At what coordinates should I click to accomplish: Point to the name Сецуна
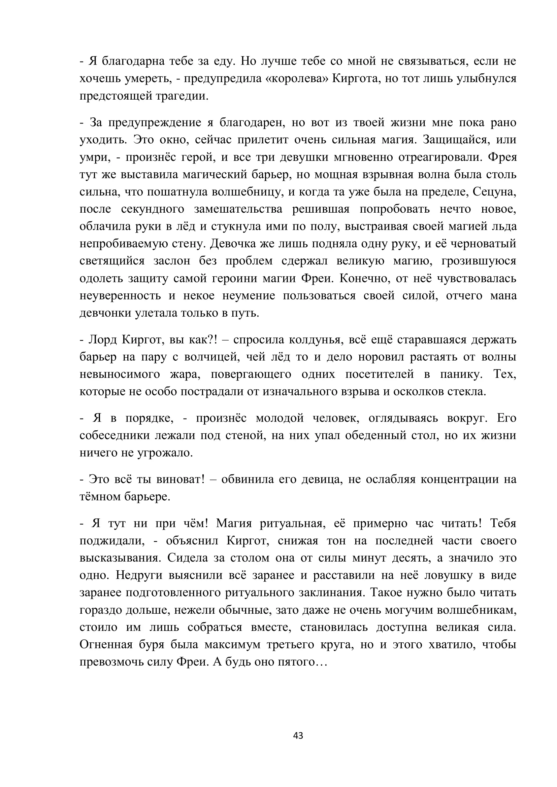coord(494,192)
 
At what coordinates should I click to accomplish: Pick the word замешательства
coord(238,209)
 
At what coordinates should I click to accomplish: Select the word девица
coord(322,479)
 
